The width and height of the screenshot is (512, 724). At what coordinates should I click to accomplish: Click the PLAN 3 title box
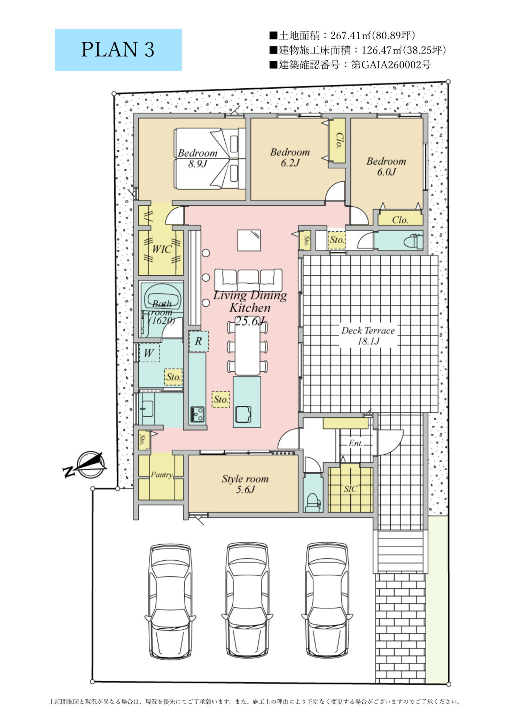118,50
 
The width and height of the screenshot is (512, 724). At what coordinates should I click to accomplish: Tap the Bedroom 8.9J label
198,158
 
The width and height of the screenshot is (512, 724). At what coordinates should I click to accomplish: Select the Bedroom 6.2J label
290,157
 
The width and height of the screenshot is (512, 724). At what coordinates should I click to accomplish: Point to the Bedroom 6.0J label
386,166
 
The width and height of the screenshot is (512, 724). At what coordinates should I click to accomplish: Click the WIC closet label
162,249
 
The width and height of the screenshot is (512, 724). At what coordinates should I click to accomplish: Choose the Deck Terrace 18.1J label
368,336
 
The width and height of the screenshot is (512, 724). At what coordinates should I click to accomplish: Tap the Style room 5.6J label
245,484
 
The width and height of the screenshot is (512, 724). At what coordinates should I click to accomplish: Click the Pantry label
162,475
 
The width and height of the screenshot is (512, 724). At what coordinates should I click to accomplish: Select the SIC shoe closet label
351,489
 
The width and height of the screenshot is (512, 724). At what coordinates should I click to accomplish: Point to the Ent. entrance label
356,443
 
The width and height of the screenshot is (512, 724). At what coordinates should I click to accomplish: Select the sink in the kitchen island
243,414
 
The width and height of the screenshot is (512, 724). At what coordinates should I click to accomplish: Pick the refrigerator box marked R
199,341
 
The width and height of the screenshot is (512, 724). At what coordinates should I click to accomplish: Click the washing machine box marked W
149,353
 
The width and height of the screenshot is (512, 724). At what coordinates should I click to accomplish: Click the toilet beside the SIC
313,502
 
